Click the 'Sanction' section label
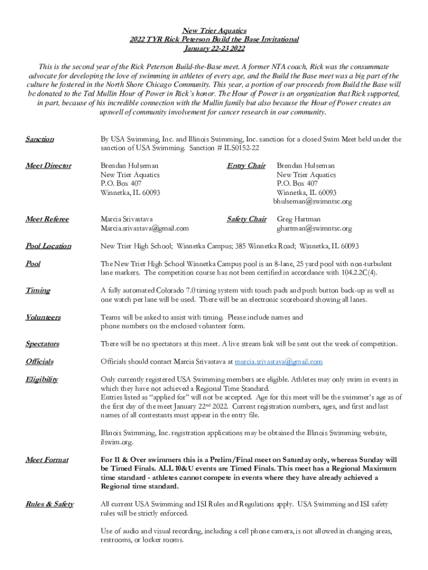[x=39, y=139]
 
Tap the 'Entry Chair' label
[x=246, y=166]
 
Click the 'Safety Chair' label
[x=246, y=219]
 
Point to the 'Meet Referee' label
[x=47, y=219]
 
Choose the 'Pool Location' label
[x=48, y=246]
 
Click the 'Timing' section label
[x=38, y=291]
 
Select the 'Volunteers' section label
[x=43, y=317]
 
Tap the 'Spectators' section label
[x=42, y=344]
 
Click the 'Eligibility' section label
[x=42, y=380]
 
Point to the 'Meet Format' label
[x=47, y=460]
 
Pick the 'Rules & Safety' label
[x=49, y=504]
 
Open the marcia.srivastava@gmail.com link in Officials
[x=278, y=362]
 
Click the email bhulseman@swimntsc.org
[x=312, y=202]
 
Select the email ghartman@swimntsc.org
[x=314, y=228]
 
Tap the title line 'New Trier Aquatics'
[x=214, y=31]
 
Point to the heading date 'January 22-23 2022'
[x=214, y=48]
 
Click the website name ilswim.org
[x=117, y=442]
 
